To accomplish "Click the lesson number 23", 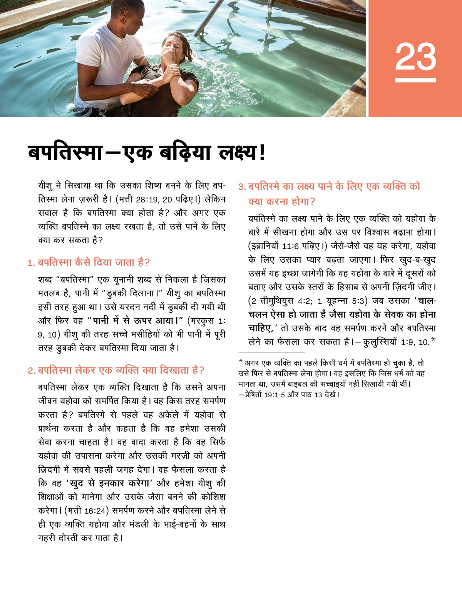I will click(415, 57).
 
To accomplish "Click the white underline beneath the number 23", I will click(415, 80).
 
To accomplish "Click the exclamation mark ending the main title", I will click(263, 152).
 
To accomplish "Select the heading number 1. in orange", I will click(31, 263).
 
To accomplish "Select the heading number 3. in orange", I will click(242, 187).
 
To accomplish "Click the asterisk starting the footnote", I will click(241, 361).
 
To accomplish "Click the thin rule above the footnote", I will click(271, 352).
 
